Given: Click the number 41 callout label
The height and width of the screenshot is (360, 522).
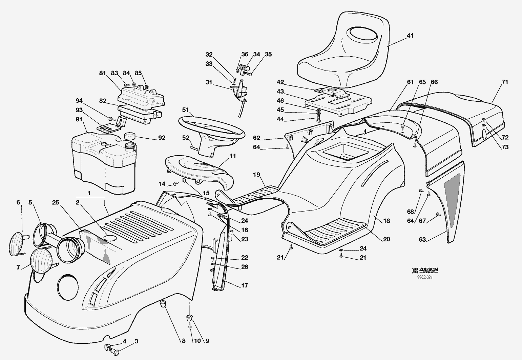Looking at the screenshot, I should point(410,36).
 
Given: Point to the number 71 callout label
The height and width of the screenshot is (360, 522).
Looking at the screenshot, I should point(505,82).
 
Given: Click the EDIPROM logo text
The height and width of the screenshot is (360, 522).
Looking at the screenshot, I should point(428,270).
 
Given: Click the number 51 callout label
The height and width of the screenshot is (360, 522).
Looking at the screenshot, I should point(185,109).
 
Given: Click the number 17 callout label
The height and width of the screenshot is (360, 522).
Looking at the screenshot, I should point(245,285).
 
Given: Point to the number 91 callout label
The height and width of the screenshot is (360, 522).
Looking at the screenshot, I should point(79,119).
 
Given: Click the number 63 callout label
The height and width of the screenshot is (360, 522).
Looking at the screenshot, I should point(422,240).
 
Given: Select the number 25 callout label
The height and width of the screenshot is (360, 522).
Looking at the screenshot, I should point(56,203).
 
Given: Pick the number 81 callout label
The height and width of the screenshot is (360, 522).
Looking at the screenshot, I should point(103,73).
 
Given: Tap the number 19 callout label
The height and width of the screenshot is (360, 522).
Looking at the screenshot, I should point(256,175).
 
